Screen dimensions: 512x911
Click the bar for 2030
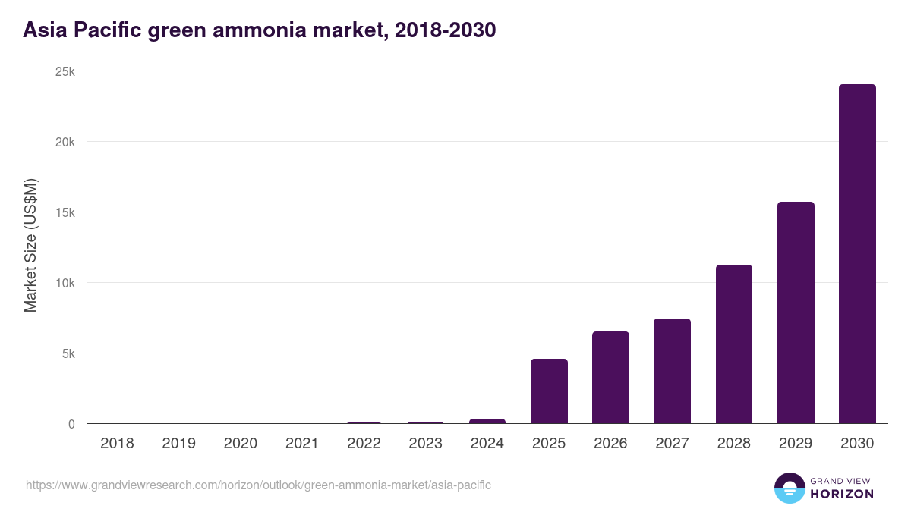click(x=857, y=254)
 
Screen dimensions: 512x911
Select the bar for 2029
click(x=796, y=313)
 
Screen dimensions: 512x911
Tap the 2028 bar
click(x=734, y=344)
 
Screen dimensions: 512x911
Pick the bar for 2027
click(x=672, y=371)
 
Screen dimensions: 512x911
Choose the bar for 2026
click(x=610, y=378)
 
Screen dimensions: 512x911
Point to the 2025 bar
click(x=549, y=391)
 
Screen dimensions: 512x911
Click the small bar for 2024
click(x=487, y=421)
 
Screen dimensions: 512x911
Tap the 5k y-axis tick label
click(x=68, y=354)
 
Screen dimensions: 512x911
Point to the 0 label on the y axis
click(x=71, y=425)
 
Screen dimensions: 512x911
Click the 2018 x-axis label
click(x=117, y=444)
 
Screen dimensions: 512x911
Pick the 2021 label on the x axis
click(x=302, y=444)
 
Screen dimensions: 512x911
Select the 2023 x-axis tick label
click(x=425, y=444)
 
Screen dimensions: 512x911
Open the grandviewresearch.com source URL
click(x=258, y=485)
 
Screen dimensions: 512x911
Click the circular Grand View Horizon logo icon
click(x=789, y=488)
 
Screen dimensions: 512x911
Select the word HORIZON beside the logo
click(x=842, y=494)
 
